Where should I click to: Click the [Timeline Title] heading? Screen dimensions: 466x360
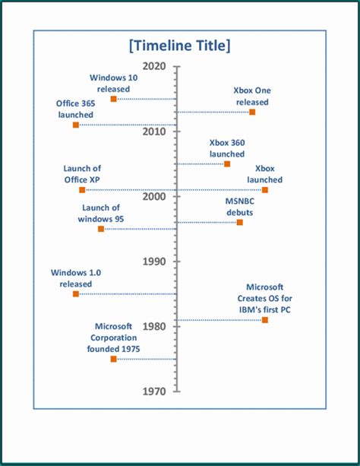tap(180, 46)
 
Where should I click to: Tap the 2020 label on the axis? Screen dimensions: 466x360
tap(154, 66)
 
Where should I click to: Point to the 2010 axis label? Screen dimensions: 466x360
tap(154, 132)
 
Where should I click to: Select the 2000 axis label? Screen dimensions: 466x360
tap(154, 196)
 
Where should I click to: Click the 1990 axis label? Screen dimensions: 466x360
tap(154, 262)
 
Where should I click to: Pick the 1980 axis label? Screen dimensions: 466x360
tap(154, 326)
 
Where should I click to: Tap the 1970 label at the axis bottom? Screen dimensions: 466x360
tap(154, 392)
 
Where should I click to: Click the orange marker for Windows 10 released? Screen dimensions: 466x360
tap(114, 99)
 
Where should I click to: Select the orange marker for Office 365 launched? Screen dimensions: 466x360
tap(76, 125)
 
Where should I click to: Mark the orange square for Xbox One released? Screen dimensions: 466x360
tap(252, 112)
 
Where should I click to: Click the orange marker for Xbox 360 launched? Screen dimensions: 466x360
tap(227, 163)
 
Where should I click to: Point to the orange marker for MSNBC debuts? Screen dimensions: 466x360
tap(240, 222)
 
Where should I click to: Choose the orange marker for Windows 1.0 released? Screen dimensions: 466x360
tap(76, 293)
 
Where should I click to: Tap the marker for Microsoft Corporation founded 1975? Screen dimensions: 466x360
tap(114, 359)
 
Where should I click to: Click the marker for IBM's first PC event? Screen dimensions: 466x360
tap(265, 320)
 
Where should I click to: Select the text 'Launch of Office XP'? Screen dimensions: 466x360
tap(83, 174)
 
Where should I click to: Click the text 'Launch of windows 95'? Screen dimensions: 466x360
tap(101, 213)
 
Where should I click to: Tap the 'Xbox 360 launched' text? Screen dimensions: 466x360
tap(227, 148)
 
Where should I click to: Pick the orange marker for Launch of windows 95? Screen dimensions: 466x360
tap(101, 229)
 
